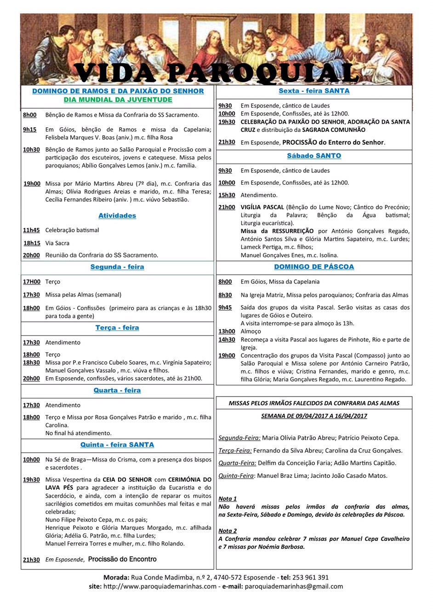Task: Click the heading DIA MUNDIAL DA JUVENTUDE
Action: pos(118,100)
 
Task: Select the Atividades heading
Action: pos(117,216)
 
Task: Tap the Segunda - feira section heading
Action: pos(117,267)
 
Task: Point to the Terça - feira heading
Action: pos(117,328)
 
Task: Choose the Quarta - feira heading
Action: pos(117,390)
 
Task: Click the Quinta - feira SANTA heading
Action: pos(117,445)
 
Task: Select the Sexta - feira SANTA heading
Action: pos(314,91)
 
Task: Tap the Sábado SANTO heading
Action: pos(314,156)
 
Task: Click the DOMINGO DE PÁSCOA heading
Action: pos(314,267)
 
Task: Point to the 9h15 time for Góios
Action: pos(30,130)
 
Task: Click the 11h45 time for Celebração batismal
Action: pos(31,230)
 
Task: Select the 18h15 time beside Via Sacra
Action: pos(32,243)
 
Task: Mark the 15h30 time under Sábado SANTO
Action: pos(227,195)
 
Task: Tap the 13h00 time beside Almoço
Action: pos(227,331)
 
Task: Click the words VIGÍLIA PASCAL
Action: pos(262,207)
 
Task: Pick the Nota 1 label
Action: pos(228,499)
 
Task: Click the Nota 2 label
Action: pos(228,531)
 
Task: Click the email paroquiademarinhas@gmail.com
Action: pos(294,586)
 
